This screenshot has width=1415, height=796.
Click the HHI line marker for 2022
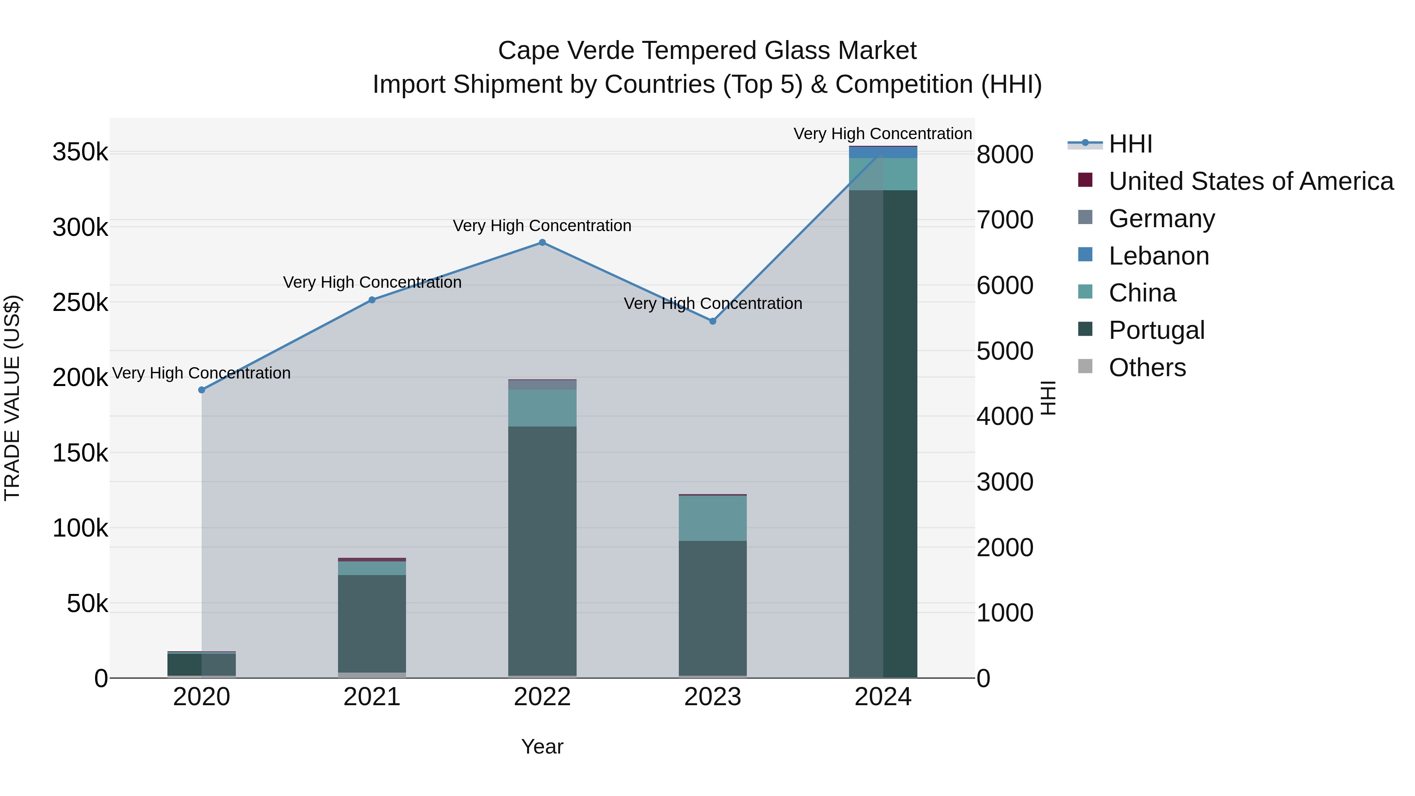542,242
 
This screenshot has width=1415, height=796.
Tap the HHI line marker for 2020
202,390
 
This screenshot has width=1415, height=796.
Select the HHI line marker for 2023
713,322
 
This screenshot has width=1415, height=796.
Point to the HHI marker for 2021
372,300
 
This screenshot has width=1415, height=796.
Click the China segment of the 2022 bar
542,408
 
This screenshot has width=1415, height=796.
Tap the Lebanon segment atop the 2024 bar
883,152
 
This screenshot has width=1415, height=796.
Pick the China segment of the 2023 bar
713,518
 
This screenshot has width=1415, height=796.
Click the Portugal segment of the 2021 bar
372,623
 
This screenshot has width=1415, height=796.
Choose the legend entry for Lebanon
1159,256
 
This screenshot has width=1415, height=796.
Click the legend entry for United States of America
1251,181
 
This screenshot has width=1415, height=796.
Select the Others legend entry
1147,368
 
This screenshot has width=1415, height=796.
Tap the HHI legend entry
1130,144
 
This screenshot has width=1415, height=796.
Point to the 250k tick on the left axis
80,302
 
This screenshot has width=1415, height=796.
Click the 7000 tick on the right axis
1005,220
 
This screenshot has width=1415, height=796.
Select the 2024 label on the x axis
883,697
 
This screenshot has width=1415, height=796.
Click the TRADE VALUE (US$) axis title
12,398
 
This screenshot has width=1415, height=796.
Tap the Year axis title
542,746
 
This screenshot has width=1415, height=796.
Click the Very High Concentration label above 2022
542,226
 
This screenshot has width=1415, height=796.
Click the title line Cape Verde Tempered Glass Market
707,51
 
